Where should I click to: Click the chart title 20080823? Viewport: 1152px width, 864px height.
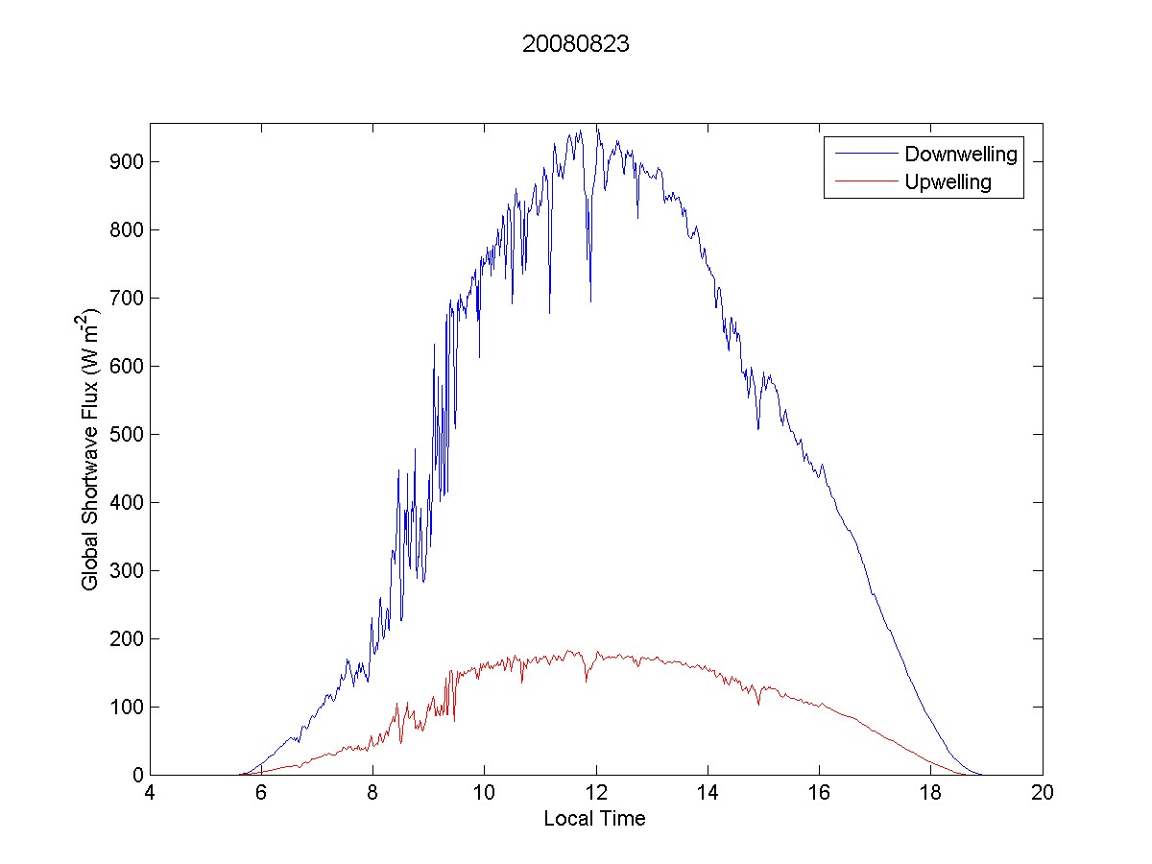click(575, 44)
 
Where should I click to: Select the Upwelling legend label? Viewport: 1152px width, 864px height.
click(948, 182)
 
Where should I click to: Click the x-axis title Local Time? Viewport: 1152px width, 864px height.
click(594, 819)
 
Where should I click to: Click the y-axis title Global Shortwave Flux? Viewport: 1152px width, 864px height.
click(90, 448)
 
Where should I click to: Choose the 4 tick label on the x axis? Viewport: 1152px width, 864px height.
click(150, 794)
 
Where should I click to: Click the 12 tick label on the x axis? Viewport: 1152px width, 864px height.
click(596, 794)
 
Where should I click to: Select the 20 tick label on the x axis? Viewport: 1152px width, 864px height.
click(1043, 794)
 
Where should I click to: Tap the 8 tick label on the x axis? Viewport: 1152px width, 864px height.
click(372, 794)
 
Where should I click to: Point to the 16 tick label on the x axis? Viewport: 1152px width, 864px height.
click(819, 794)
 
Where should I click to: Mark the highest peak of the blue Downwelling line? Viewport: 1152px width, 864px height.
click(596, 126)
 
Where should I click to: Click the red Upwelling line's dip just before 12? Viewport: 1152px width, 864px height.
click(586, 681)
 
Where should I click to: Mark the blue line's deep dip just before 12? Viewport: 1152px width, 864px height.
click(590, 300)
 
